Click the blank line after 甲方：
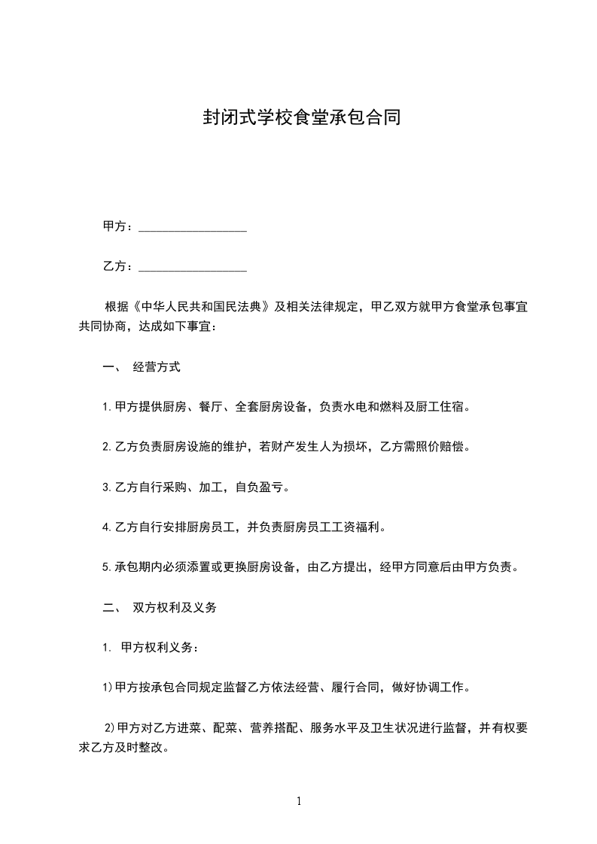tap(193, 228)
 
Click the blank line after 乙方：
tap(193, 268)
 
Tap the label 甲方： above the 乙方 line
tap(118, 227)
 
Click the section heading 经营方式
tap(157, 368)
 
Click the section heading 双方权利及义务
tap(175, 607)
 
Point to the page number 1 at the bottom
tap(299, 802)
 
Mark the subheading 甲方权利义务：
tap(160, 647)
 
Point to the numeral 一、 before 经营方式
tap(110, 368)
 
